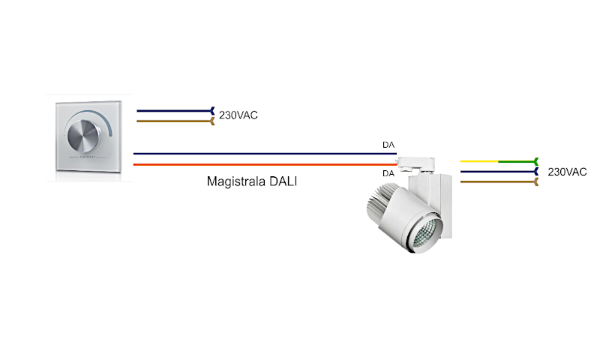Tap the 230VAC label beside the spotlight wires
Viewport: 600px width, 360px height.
[x=567, y=172]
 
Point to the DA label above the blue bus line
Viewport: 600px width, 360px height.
[x=388, y=145]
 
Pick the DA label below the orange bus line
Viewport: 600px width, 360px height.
[x=388, y=173]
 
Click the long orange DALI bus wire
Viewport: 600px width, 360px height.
[x=262, y=163]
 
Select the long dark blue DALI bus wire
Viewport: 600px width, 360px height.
[x=262, y=154]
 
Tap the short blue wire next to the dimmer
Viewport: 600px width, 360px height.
[x=172, y=110]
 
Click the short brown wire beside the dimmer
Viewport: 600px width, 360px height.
[x=172, y=120]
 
